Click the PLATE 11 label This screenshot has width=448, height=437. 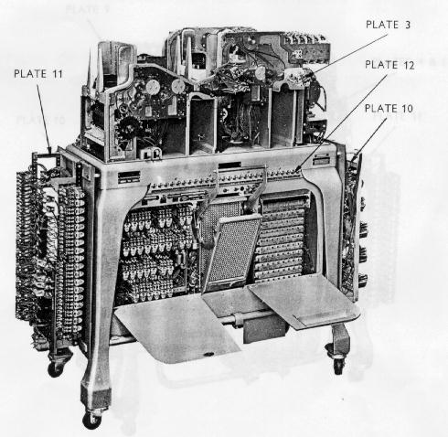(x=38, y=74)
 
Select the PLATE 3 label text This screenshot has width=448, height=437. (x=388, y=25)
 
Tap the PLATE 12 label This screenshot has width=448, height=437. (x=389, y=65)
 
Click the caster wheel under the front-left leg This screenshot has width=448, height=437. (x=91, y=420)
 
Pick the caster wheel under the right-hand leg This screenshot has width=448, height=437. (x=338, y=365)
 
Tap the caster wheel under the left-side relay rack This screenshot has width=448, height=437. (x=55, y=368)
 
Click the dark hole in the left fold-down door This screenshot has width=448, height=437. (x=208, y=354)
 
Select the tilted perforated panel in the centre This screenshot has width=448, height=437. (x=233, y=251)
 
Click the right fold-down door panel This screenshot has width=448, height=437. (x=304, y=300)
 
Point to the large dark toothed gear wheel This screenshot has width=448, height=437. (x=127, y=130)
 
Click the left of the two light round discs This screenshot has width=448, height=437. (x=153, y=88)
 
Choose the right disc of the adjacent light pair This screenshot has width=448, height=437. (x=178, y=86)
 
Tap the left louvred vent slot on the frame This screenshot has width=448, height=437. (x=129, y=177)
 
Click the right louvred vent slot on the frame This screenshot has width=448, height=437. (x=321, y=159)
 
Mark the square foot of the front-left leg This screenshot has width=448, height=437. (x=95, y=397)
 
